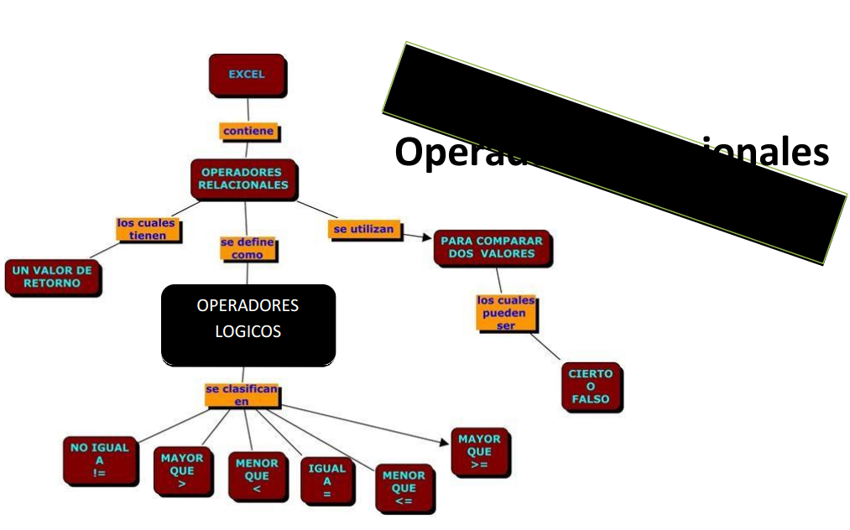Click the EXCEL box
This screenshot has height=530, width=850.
pyautogui.click(x=247, y=75)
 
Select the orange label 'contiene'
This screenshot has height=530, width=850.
pyautogui.click(x=248, y=132)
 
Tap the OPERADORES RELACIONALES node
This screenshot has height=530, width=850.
pyautogui.click(x=243, y=179)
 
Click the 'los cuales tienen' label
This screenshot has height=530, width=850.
pyautogui.click(x=148, y=230)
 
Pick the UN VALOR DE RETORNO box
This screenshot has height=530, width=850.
pyautogui.click(x=52, y=278)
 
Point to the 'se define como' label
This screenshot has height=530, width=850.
pyautogui.click(x=248, y=248)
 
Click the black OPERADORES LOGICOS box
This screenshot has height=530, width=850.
pyautogui.click(x=248, y=325)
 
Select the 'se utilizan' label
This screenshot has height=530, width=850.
pyautogui.click(x=363, y=229)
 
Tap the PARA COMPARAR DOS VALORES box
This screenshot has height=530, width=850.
pyautogui.click(x=492, y=247)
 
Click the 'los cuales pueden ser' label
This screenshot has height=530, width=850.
pyautogui.click(x=506, y=313)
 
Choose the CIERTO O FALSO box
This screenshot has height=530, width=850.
pyautogui.click(x=591, y=386)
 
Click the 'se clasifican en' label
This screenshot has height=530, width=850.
pyautogui.click(x=242, y=395)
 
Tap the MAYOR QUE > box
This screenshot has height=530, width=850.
pyautogui.click(x=182, y=470)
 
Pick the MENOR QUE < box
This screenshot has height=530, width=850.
pyautogui.click(x=257, y=475)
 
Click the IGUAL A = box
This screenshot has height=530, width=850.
pyautogui.click(x=327, y=481)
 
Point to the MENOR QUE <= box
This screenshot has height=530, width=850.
pyautogui.click(x=404, y=488)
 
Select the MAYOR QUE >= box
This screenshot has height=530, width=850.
pyautogui.click(x=480, y=451)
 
